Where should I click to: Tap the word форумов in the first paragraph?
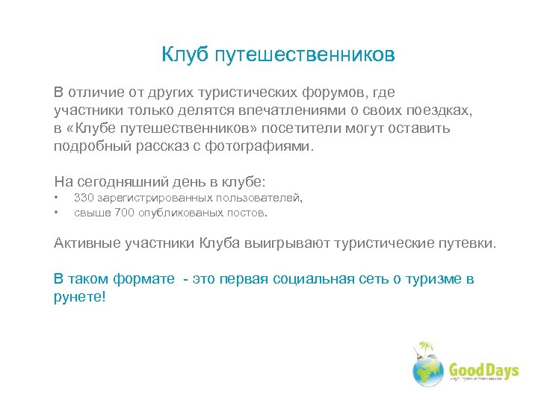click(333, 93)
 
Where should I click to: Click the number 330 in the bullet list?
click(84, 198)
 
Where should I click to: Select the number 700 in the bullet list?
click(126, 213)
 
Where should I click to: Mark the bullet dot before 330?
click(56, 198)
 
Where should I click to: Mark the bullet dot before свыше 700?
click(56, 213)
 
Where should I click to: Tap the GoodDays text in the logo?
click(483, 370)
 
